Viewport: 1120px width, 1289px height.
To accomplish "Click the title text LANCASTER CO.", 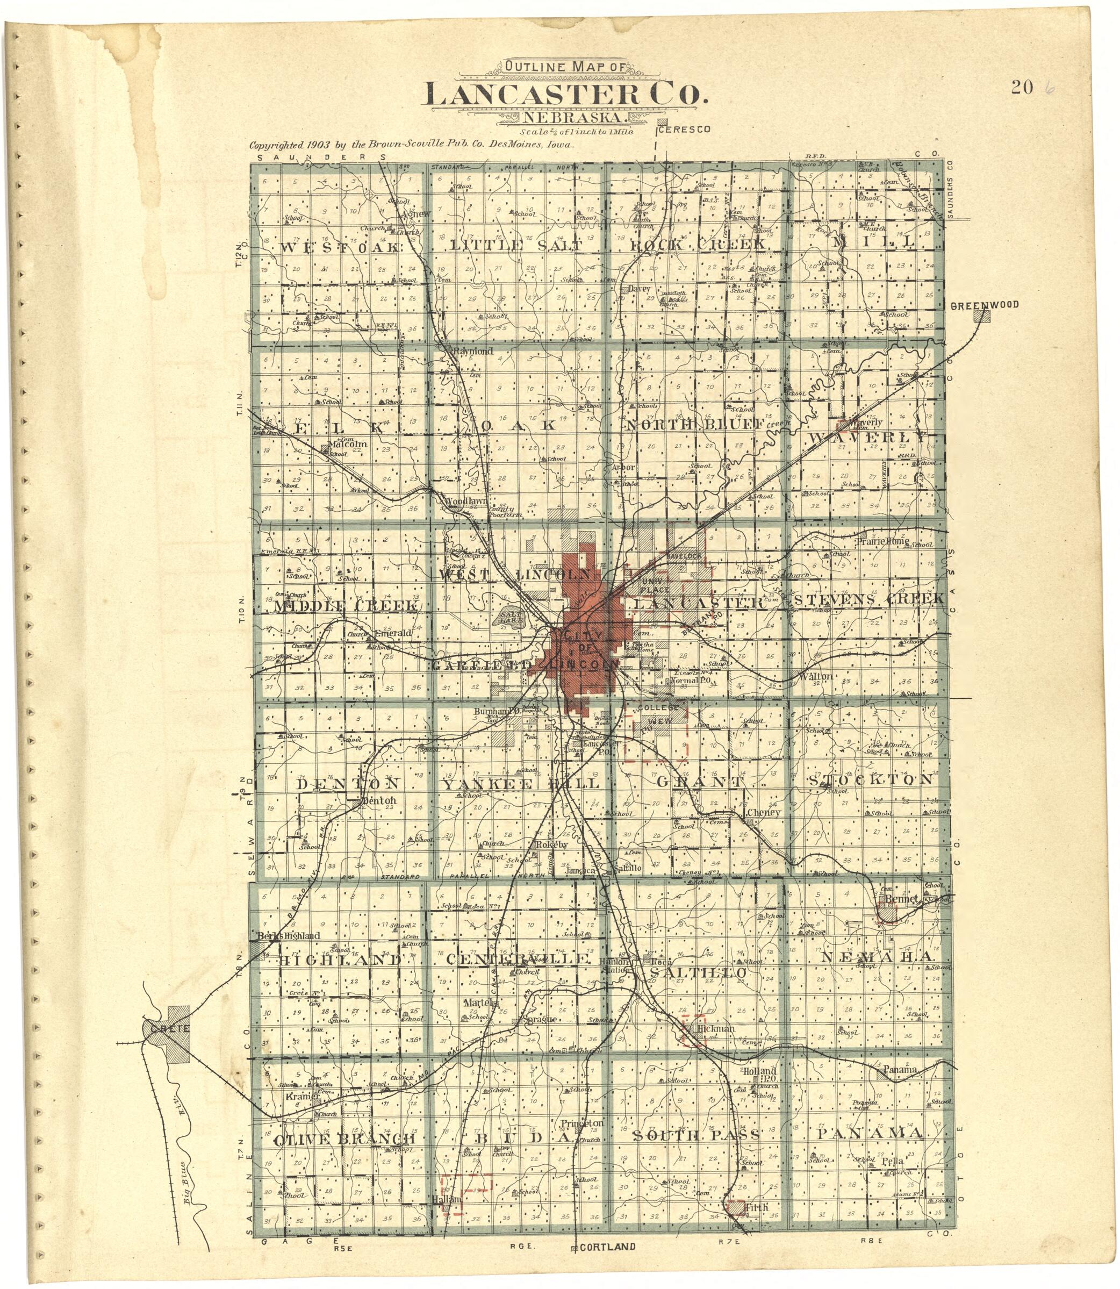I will click(x=568, y=96).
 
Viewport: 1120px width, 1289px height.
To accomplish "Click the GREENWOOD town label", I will click(x=985, y=305).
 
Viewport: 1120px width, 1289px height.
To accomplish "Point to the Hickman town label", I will click(x=716, y=1028).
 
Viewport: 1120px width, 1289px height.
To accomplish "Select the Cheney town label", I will click(x=764, y=813).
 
